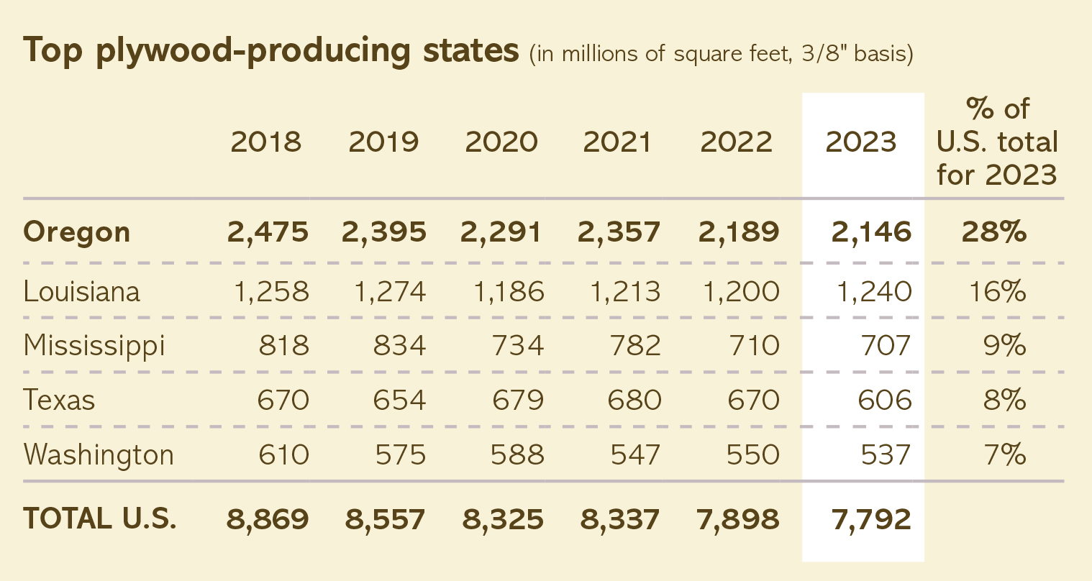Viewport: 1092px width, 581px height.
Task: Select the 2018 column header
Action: click(x=266, y=142)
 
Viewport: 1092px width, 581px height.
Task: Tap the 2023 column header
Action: click(x=861, y=142)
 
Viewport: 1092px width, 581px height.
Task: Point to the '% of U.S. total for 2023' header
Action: click(x=997, y=142)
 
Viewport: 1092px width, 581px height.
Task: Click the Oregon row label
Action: click(x=77, y=232)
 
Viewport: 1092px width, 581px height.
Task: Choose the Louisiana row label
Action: click(x=81, y=291)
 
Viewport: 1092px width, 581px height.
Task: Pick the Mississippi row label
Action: click(x=94, y=346)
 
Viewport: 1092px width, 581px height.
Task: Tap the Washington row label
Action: click(x=99, y=454)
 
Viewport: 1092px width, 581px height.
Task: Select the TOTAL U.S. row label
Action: click(x=99, y=518)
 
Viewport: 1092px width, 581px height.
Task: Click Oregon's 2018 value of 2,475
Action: click(x=268, y=232)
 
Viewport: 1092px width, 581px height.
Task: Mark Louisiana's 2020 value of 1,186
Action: click(x=509, y=291)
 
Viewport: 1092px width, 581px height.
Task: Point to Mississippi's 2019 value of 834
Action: click(x=399, y=346)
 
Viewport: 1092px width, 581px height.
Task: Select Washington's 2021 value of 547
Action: click(x=634, y=454)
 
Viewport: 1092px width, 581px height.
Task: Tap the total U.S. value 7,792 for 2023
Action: click(x=872, y=518)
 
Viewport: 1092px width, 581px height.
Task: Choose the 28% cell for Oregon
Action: click(x=993, y=232)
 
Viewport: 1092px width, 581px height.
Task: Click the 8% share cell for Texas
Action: click(x=1004, y=400)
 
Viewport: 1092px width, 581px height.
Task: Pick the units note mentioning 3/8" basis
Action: click(x=721, y=55)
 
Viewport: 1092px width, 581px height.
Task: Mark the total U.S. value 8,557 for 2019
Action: click(x=386, y=518)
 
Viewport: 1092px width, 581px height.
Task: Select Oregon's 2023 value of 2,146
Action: click(x=872, y=232)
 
